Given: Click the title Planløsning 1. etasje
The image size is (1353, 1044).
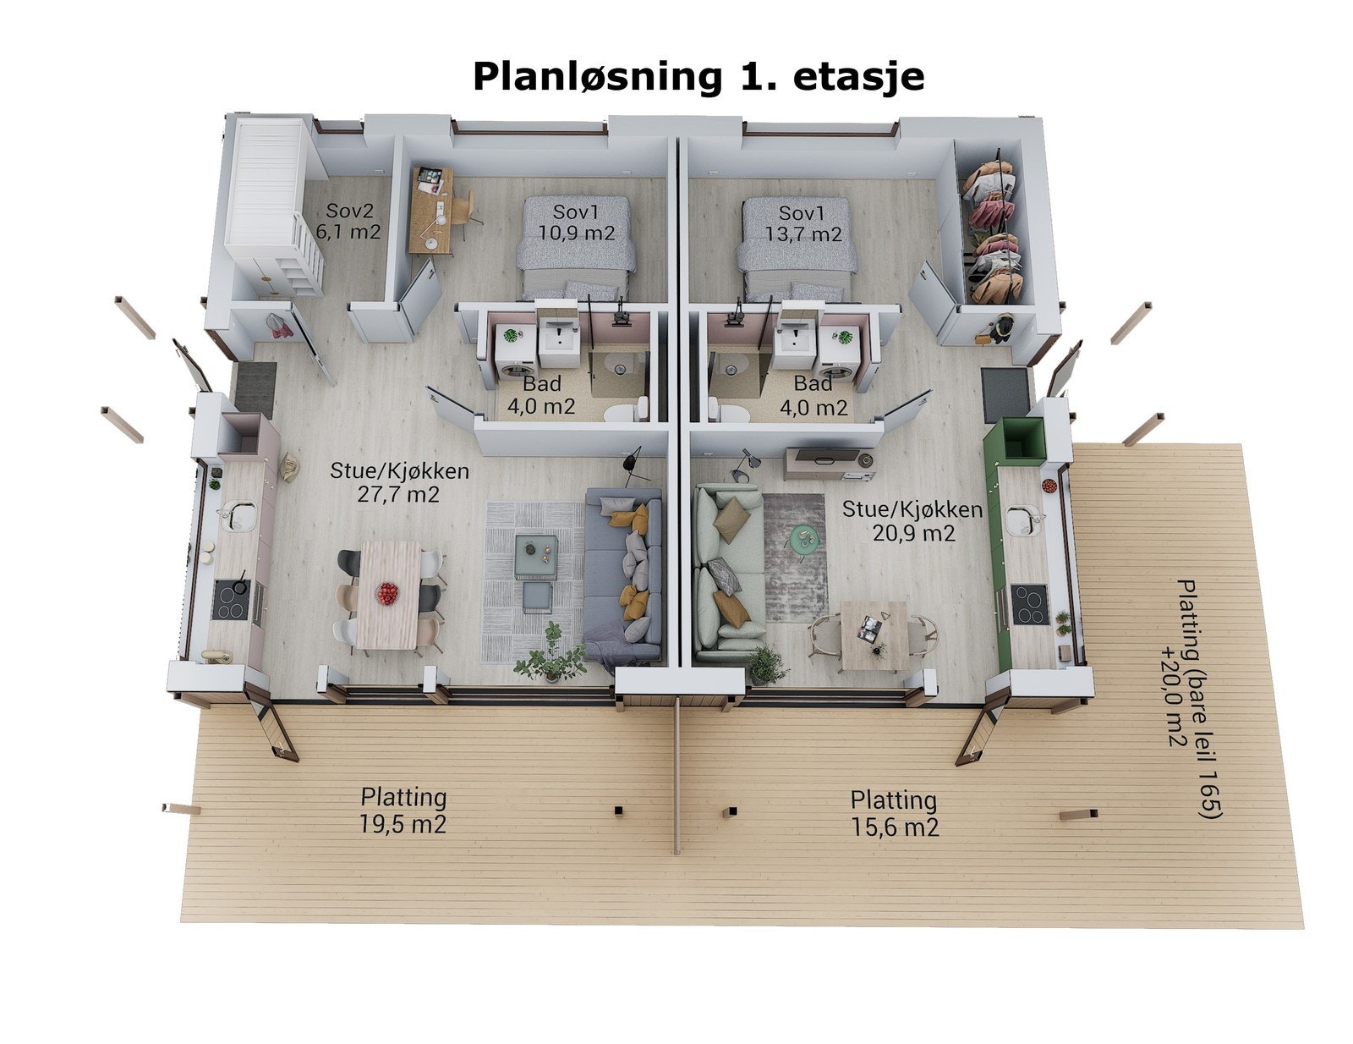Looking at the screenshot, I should click(x=698, y=76).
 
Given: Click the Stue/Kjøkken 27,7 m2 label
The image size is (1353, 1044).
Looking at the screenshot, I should click(x=399, y=482).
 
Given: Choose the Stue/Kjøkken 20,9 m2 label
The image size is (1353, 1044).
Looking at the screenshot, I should click(x=912, y=521).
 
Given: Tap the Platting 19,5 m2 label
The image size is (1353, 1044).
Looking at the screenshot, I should click(x=403, y=810).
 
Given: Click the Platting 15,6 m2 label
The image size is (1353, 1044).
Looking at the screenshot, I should click(x=894, y=813).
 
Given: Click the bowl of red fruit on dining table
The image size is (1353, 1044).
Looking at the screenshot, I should click(x=388, y=593).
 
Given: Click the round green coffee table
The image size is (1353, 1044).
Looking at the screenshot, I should click(x=804, y=536).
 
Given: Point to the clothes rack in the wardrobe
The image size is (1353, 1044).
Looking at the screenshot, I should click(x=994, y=230).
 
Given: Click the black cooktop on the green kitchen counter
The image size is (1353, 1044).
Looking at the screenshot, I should click(x=1029, y=604).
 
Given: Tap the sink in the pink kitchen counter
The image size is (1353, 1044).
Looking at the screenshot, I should click(x=238, y=515).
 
